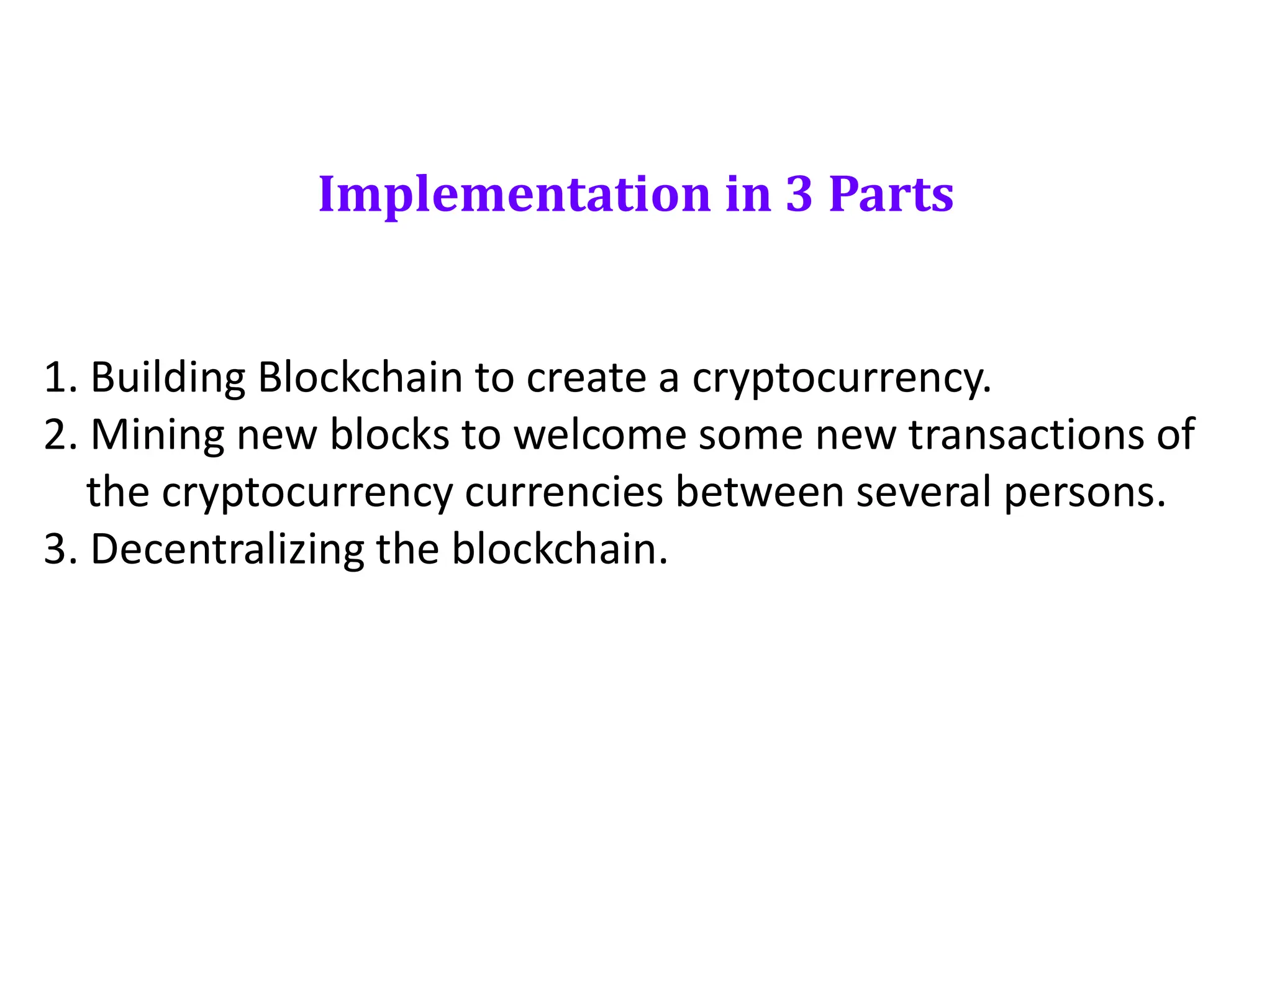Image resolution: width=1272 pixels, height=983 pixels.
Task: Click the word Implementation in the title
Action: pyautogui.click(x=514, y=194)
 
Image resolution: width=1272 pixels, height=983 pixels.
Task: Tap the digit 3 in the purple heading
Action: pyautogui.click(x=799, y=194)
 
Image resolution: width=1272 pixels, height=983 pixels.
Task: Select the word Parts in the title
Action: pyautogui.click(x=891, y=194)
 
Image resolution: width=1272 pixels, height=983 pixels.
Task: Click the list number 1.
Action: pyautogui.click(x=60, y=377)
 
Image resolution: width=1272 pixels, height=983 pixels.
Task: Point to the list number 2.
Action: pyautogui.click(x=60, y=434)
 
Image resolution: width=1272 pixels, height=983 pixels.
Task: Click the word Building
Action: pyautogui.click(x=168, y=377)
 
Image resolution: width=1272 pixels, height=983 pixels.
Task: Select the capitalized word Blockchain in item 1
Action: pyautogui.click(x=360, y=377)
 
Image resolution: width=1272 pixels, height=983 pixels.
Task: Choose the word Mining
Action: pyautogui.click(x=158, y=434)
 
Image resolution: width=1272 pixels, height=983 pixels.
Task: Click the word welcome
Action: pyautogui.click(x=600, y=434)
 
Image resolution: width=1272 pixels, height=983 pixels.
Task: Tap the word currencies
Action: pyautogui.click(x=564, y=492)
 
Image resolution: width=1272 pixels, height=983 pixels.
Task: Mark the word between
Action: pyautogui.click(x=760, y=492)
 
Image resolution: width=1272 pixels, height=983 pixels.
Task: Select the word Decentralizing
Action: pyautogui.click(x=227, y=550)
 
